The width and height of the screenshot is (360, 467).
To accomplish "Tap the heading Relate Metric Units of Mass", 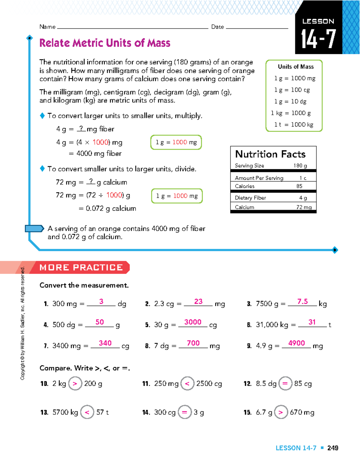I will (105, 43).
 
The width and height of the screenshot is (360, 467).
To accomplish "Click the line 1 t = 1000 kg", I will (294, 125).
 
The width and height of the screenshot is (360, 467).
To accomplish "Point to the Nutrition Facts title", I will (270, 154).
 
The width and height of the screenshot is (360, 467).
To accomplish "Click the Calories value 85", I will (299, 186).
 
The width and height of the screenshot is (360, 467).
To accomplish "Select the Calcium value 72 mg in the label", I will (304, 207).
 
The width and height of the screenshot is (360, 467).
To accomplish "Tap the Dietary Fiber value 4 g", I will (303, 198).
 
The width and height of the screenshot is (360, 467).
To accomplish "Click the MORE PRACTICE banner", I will (81, 267).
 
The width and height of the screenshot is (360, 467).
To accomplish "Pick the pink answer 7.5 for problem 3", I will (302, 302).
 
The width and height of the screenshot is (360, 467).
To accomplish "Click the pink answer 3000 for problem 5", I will (193, 322).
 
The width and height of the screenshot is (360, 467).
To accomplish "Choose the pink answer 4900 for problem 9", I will (296, 343).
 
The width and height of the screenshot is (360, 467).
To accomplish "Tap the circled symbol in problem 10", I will (75, 384).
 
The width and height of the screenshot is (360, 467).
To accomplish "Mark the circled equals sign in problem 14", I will (184, 412).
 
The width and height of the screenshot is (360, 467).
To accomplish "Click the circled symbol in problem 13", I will (87, 412).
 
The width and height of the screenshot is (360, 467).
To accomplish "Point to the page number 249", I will (333, 448).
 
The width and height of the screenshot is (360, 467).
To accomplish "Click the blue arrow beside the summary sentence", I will (34, 229).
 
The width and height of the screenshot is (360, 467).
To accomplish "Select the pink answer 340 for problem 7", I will (105, 343).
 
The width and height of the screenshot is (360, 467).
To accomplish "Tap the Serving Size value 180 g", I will (300, 166).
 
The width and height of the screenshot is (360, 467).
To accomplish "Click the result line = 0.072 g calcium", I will (107, 208).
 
